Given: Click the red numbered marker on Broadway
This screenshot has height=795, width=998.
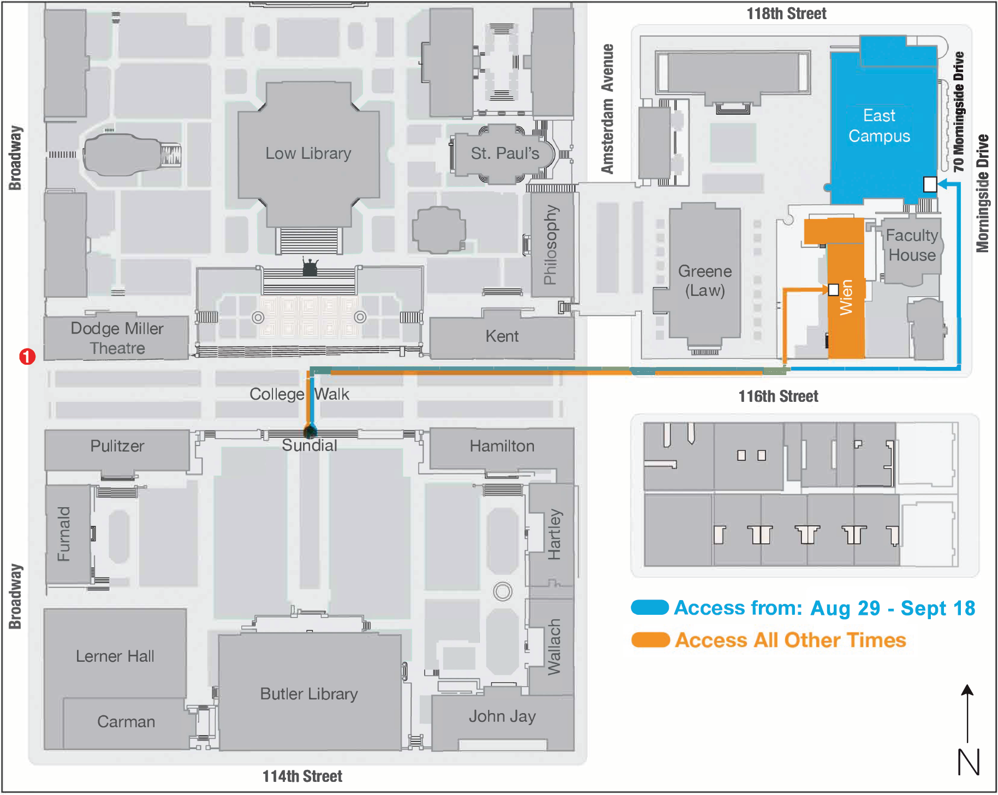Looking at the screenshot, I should pos(27,357).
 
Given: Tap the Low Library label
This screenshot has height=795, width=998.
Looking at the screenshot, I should pos(308,153).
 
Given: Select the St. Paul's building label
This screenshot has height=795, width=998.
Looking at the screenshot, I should pos(505,153).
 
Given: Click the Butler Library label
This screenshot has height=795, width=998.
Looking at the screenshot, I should pos(308,693).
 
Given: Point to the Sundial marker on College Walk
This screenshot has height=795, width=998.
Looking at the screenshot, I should pos(310,432).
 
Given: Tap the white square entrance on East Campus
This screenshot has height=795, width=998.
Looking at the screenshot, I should pos(930,185).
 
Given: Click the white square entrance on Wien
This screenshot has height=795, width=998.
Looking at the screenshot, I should pos(833,289).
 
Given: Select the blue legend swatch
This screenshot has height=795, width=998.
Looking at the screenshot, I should pos(650,607).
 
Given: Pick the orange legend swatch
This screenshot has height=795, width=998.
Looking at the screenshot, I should pos(650,639).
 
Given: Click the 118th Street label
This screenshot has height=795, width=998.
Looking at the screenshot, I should pos(786,14).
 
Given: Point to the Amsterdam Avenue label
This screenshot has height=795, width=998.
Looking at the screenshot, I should pos(607,109).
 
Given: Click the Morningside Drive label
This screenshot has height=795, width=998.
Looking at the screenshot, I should pos(983,194).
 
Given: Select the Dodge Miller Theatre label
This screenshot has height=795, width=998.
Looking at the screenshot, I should pos(117,338).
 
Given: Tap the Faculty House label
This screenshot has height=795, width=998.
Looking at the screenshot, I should pos(911,245).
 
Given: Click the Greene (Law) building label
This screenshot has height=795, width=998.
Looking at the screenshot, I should pos(705,281).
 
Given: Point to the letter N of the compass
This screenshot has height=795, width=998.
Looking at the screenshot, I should pos(969,762).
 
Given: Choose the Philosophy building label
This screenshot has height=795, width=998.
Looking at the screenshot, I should pos(551,245).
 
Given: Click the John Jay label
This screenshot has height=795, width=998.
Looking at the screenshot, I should pos(502,716).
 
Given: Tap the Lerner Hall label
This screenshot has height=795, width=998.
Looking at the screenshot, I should pos(115,656).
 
